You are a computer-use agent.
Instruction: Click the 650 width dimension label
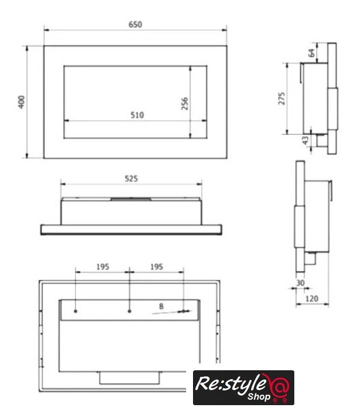pyautogui.click(x=136, y=25)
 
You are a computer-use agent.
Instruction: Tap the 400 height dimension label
pyautogui.click(x=21, y=102)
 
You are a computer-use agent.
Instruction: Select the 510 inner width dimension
pyautogui.click(x=137, y=115)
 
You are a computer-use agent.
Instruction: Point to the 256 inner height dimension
pyautogui.click(x=185, y=103)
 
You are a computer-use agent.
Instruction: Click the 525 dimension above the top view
pyautogui.click(x=131, y=179)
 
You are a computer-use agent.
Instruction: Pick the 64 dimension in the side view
pyautogui.click(x=311, y=53)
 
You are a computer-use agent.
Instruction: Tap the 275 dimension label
pyautogui.click(x=281, y=99)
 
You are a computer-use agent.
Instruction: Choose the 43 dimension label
pyautogui.click(x=305, y=140)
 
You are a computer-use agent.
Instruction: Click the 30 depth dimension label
pyautogui.click(x=300, y=283)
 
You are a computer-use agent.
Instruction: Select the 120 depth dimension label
pyautogui.click(x=311, y=299)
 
